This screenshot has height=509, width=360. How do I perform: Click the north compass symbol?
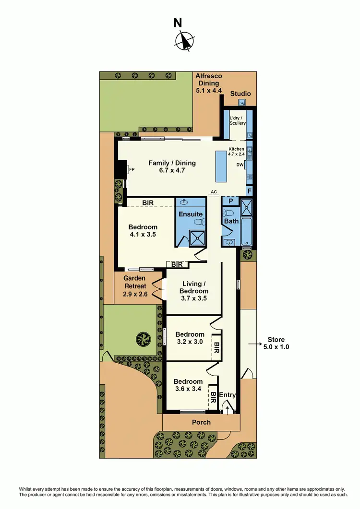[x=184, y=40]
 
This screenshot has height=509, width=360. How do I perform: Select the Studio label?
[x=240, y=94]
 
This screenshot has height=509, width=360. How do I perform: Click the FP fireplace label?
[x=131, y=169]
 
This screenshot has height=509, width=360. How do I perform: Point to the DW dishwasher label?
[x=240, y=165]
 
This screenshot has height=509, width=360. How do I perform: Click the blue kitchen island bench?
[x=221, y=166]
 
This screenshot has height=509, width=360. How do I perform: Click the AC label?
[x=214, y=192]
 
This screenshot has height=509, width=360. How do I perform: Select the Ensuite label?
[x=191, y=214]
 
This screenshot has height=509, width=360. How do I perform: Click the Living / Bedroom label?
[x=194, y=287]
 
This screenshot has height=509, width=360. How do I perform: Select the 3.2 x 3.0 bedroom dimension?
[x=190, y=342]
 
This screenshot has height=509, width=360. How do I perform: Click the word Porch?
[x=201, y=422]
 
